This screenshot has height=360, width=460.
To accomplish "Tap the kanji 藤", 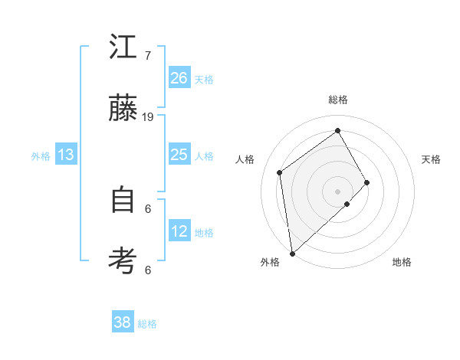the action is pyautogui.click(x=123, y=109).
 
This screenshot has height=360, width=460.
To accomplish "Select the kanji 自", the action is pyautogui.click(x=123, y=201).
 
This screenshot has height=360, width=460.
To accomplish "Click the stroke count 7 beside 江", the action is pyautogui.click(x=148, y=56).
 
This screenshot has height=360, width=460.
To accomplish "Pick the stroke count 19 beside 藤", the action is pyautogui.click(x=148, y=117).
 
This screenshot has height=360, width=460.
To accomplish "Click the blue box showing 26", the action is pyautogui.click(x=179, y=78).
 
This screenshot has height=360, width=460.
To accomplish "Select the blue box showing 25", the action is pyautogui.click(x=179, y=155).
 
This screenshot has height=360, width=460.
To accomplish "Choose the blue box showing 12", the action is pyautogui.click(x=179, y=231).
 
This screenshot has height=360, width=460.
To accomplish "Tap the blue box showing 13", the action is pyautogui.click(x=66, y=155).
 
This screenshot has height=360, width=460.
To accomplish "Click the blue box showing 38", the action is pyautogui.click(x=123, y=322).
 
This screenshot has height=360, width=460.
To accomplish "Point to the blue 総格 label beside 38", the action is pyautogui.click(x=147, y=324).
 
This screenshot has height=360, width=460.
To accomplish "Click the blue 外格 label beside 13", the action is pyautogui.click(x=41, y=156).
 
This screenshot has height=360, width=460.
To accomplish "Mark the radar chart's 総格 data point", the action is pyautogui.click(x=337, y=131).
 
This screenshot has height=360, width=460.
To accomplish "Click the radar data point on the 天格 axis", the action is pyautogui.click(x=367, y=182).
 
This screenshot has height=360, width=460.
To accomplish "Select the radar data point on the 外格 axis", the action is pyautogui.click(x=292, y=253).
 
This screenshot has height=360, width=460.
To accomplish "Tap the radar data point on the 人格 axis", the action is pyautogui.click(x=280, y=172).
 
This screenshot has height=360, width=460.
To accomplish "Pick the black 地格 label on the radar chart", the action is pyautogui.click(x=402, y=262).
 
